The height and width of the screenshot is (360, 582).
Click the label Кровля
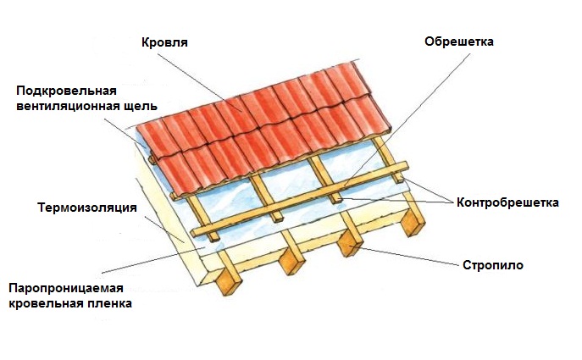[164, 42]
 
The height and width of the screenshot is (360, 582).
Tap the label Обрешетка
[459, 42]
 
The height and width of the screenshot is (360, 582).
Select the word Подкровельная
[66, 91]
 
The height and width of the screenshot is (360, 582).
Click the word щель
[141, 106]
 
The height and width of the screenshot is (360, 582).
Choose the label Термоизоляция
[87, 207]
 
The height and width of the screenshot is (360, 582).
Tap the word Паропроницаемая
[66, 288]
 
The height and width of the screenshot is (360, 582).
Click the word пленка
[110, 303]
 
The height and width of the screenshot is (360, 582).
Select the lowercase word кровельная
[47, 303]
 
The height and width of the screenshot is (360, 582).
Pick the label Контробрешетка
[507, 202]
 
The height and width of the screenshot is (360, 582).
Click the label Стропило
[493, 265]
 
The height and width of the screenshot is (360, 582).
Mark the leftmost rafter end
[229, 281]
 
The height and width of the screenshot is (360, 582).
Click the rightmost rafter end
[413, 223]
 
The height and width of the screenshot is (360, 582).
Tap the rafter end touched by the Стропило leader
[350, 244]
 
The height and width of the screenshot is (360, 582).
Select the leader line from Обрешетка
[407, 120]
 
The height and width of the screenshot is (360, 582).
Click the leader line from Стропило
[409, 256]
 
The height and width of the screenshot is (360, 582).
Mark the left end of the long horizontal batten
[194, 233]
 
